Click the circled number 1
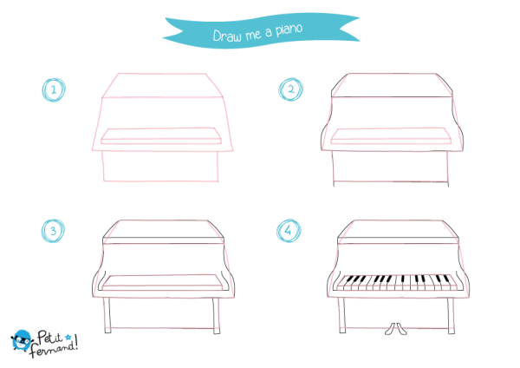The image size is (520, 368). pos(54,89)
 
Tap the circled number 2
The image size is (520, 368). pos(290,89)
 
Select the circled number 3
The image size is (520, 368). pos(53,231)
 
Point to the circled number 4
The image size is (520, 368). pos(289,231)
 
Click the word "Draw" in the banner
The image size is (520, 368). pos(227,36)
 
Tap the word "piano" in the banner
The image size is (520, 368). pos(289,30)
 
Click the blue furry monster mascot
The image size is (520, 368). pos(22,340)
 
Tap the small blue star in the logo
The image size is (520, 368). pos(68,338)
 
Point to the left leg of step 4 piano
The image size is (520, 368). pos(341,315)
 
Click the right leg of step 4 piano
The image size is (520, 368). pos(451,316)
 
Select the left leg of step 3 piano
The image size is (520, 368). pos(107,315)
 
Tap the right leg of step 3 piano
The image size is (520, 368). pos(216,315)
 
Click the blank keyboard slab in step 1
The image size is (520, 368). pos(161,136)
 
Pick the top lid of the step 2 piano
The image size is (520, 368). pos(392,85)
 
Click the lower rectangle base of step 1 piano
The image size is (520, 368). pos(160,166)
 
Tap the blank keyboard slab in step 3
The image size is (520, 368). pos(163,283)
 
